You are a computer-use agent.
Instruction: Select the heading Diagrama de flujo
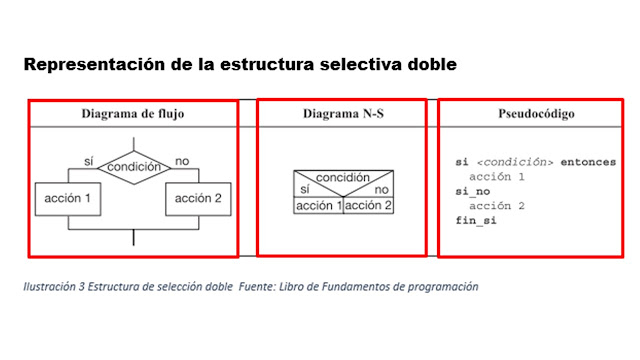132,114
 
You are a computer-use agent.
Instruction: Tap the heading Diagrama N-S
343,114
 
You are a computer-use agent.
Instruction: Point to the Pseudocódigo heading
536,114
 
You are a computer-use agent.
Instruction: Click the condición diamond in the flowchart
134,167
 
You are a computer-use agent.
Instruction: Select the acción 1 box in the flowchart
68,198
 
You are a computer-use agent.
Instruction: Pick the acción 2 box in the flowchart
198,198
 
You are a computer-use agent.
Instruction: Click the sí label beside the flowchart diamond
88,160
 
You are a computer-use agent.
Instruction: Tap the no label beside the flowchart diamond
181,160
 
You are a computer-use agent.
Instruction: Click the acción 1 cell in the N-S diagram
318,205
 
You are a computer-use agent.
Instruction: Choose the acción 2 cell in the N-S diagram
368,205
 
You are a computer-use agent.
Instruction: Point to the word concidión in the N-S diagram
343,177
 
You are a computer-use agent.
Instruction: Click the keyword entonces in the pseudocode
589,162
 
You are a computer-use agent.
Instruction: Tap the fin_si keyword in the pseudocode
476,219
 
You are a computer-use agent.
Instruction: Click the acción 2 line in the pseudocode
497,205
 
